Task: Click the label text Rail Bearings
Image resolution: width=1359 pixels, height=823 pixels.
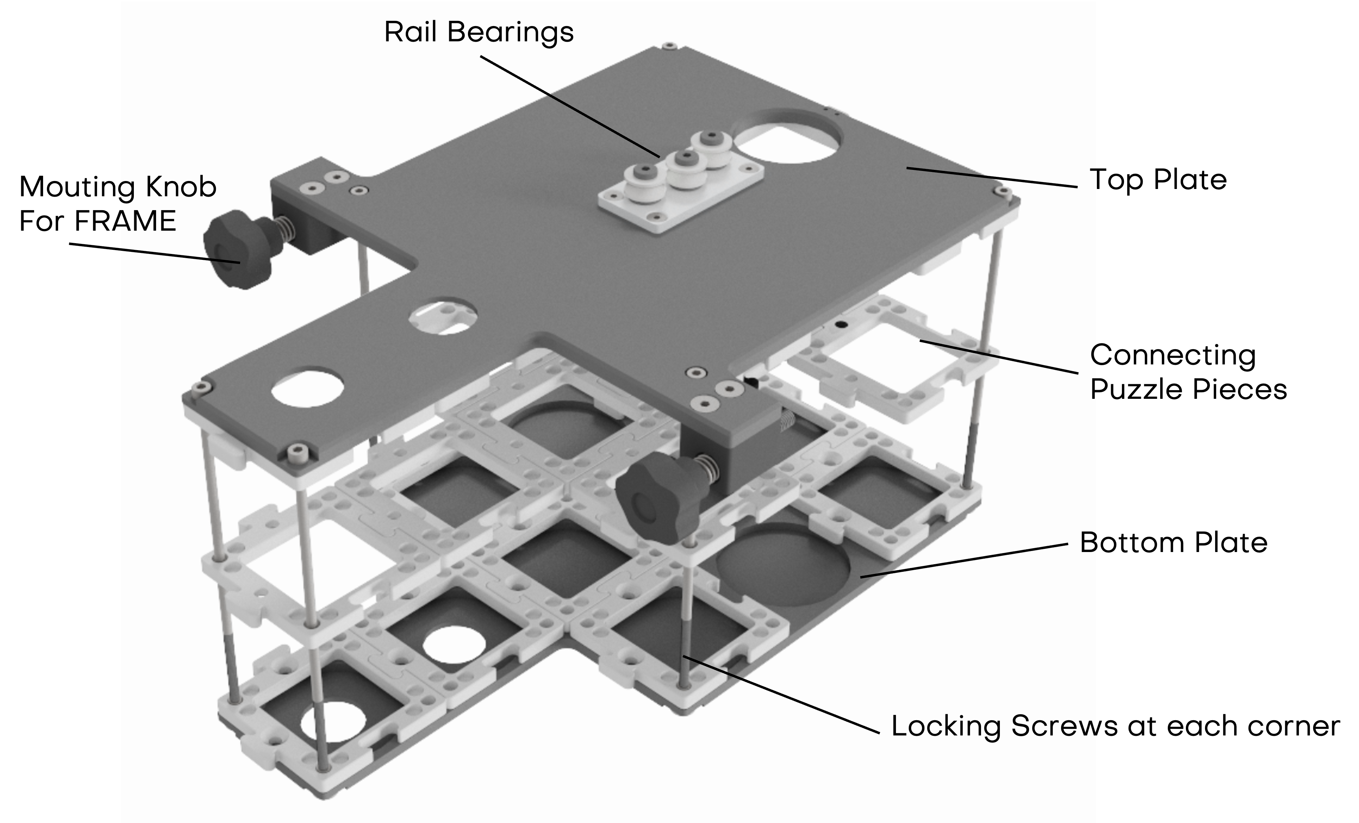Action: coord(479,32)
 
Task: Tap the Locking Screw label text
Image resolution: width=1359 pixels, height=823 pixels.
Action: coord(993,726)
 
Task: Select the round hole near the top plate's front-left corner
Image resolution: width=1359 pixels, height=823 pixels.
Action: coord(307,387)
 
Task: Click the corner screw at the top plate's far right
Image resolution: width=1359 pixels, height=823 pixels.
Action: coord(1001,191)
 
